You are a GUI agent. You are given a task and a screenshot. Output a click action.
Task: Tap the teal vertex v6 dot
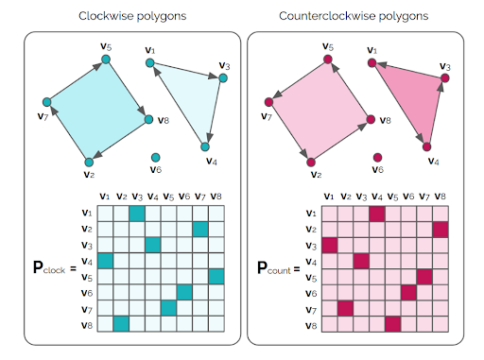pos(154,157)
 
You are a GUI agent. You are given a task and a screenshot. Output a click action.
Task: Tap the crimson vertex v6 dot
pos(377,157)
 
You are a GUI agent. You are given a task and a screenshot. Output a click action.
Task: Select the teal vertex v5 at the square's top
pos(105,60)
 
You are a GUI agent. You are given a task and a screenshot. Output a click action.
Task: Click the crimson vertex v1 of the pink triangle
pos(372,63)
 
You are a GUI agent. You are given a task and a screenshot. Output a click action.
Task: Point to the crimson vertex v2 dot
pos(312,162)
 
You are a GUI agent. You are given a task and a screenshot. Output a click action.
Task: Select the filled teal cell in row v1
pos(137,214)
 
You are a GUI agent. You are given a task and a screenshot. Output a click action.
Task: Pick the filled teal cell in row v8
pos(121,324)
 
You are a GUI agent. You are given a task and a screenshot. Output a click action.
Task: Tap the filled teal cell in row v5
pos(216,277)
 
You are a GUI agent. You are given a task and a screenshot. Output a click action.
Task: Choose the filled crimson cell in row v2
pos(440,230)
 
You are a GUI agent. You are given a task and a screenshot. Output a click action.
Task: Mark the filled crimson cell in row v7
pos(346,308)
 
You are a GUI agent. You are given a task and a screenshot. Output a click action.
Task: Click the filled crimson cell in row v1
pos(377,214)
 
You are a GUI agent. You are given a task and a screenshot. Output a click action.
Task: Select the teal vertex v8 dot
pos(147,119)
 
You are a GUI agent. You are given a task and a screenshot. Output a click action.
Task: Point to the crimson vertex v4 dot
pos(426,146)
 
